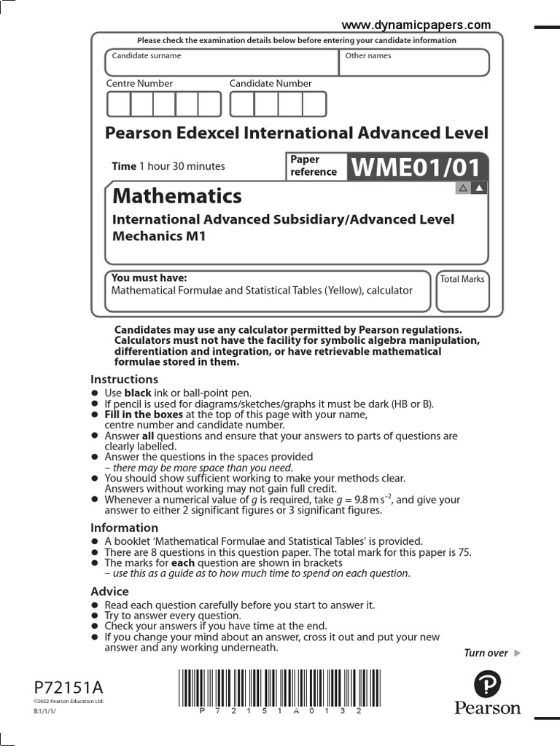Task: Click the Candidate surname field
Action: click(222, 63)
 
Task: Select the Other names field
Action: click(414, 63)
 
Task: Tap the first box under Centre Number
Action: click(119, 104)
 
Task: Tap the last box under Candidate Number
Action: click(314, 104)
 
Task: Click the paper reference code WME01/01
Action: click(417, 168)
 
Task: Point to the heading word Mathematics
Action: click(176, 196)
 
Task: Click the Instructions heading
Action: click(124, 379)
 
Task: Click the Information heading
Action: click(124, 527)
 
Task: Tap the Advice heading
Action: click(109, 592)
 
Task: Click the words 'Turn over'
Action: click(486, 653)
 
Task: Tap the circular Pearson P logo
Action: click(487, 685)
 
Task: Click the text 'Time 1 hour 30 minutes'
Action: click(168, 166)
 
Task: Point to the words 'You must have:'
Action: click(149, 278)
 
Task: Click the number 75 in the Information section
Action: click(464, 552)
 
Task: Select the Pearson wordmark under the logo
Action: click(487, 708)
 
